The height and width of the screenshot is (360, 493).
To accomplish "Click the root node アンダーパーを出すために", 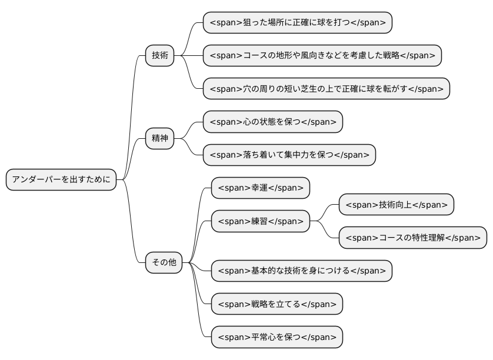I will pyautogui.click(x=61, y=179).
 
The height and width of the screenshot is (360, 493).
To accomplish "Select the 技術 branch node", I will pyautogui.click(x=160, y=55).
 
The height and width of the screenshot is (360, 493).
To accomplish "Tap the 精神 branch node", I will pyautogui.click(x=160, y=138).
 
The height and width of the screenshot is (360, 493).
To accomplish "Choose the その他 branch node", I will pyautogui.click(x=164, y=262).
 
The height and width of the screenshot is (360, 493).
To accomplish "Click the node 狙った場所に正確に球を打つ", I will pyautogui.click(x=297, y=22).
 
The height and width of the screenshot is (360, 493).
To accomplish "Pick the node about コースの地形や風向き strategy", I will pyautogui.click(x=322, y=55).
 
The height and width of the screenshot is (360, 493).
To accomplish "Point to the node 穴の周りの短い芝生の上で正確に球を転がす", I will pyautogui.click(x=326, y=89).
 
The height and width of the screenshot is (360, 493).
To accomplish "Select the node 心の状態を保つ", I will pyautogui.click(x=272, y=122).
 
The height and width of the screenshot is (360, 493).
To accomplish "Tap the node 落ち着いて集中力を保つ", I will pyautogui.click(x=289, y=155).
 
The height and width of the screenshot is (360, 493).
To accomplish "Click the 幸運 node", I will pyautogui.click(x=260, y=188).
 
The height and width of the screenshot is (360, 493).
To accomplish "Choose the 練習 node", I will pyautogui.click(x=260, y=221).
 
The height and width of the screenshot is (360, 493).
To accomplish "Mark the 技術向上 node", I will pyautogui.click(x=396, y=205).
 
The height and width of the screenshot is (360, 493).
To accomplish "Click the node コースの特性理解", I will pyautogui.click(x=412, y=238).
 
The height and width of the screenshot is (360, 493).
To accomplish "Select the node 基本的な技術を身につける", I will pyautogui.click(x=301, y=271).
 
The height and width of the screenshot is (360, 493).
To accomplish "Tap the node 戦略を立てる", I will pyautogui.click(x=277, y=304).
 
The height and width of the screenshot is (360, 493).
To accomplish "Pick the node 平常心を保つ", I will pyautogui.click(x=277, y=337).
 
